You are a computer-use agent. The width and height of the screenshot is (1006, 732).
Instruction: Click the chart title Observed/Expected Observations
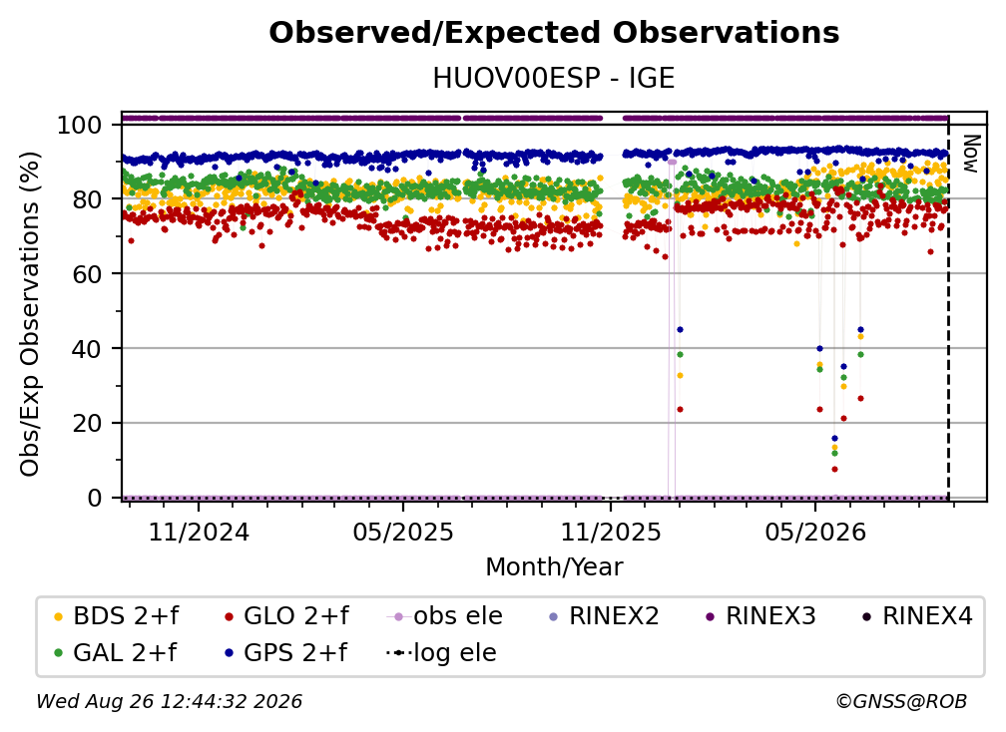click(554, 33)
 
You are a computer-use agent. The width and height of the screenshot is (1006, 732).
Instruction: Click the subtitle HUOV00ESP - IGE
click(554, 79)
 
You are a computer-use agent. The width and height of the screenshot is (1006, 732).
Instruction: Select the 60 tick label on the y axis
click(87, 273)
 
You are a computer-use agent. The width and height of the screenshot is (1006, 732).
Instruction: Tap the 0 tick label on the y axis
click(95, 498)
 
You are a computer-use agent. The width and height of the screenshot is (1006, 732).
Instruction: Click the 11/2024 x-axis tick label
click(199, 532)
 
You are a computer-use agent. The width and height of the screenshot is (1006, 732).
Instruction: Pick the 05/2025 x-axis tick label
click(403, 532)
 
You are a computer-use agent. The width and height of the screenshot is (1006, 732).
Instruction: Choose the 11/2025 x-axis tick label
click(611, 532)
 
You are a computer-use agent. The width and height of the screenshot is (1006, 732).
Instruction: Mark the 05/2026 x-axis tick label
click(815, 532)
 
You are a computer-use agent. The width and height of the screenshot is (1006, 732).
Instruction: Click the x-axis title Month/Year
click(554, 566)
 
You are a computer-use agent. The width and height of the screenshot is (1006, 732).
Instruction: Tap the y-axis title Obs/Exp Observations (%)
click(30, 314)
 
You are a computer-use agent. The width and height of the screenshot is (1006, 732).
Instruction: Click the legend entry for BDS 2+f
click(116, 616)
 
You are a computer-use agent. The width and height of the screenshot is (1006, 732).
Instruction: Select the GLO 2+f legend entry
click(286, 616)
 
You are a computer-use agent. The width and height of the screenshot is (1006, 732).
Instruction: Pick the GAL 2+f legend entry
click(115, 653)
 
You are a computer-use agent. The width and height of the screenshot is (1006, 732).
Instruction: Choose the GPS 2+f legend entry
click(284, 653)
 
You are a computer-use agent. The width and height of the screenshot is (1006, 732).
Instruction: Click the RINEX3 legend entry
click(760, 616)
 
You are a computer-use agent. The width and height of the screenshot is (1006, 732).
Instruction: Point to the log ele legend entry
click(441, 653)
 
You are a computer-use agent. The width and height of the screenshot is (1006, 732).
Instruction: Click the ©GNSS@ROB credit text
click(901, 701)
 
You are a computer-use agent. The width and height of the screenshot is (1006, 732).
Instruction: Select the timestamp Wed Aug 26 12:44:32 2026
click(170, 701)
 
